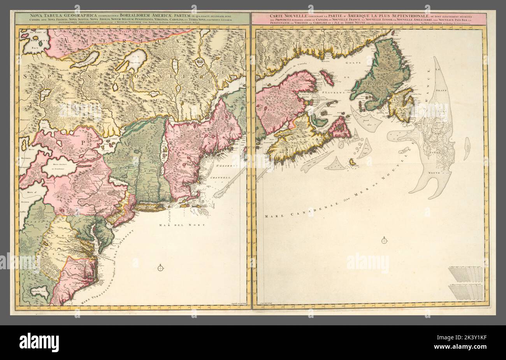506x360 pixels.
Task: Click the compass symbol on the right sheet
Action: (x=385, y=240)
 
